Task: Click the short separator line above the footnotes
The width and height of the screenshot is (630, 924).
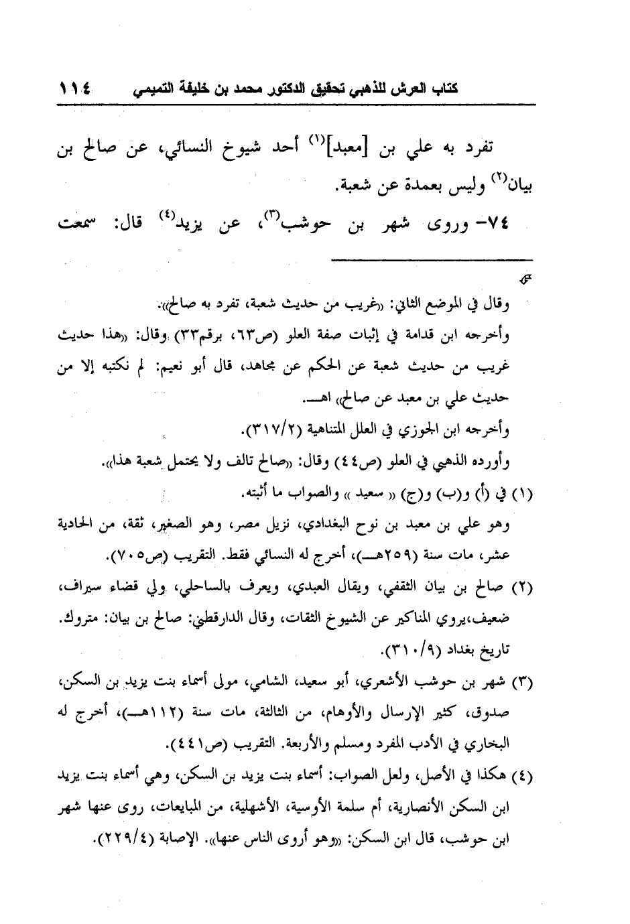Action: (432, 259)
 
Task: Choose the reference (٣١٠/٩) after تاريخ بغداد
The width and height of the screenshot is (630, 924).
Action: (414, 650)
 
